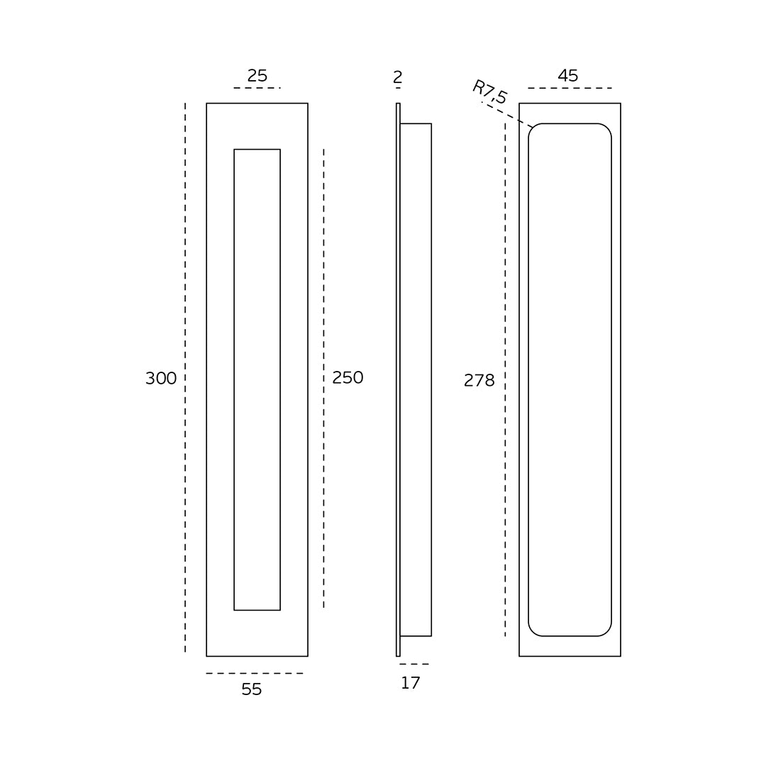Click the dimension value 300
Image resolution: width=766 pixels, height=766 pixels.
coord(161,378)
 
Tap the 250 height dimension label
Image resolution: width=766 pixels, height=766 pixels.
coord(348,377)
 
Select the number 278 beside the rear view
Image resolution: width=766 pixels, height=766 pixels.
coord(479,380)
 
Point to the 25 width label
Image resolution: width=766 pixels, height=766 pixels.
coord(257,76)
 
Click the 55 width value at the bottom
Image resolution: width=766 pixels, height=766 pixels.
coord(252,689)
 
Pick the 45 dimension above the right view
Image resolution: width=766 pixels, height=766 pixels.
coord(568,76)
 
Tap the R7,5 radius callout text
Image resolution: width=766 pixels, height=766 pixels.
coord(489,91)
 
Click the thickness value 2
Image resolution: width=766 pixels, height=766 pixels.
coord(398,77)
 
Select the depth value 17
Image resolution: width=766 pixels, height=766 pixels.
coord(411,683)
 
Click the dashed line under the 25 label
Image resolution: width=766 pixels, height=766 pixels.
coord(257,88)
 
